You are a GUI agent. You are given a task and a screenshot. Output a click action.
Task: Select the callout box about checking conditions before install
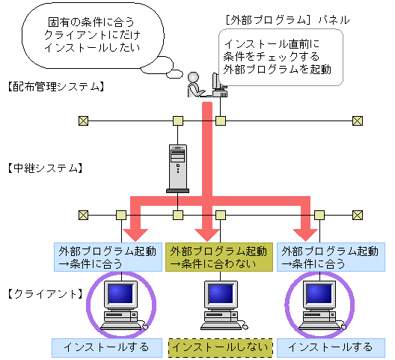pyautogui.click(x=281, y=57)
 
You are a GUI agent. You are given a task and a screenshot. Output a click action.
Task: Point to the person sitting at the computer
pyautogui.click(x=195, y=85)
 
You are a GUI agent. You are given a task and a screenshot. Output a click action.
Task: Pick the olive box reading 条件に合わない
pyautogui.click(x=218, y=257)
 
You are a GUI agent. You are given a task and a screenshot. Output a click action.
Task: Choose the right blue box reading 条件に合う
pyautogui.click(x=331, y=257)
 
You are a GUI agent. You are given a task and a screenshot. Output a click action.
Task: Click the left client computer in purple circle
pyautogui.click(x=120, y=303)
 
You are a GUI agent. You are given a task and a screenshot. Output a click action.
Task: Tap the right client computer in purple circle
pyautogui.click(x=319, y=303)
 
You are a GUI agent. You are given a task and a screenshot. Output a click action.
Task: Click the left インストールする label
pyautogui.click(x=102, y=347)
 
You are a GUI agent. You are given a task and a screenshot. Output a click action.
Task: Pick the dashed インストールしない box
pyautogui.click(x=221, y=348)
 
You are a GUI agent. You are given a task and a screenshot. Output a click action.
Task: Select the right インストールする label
pyautogui.click(x=330, y=347)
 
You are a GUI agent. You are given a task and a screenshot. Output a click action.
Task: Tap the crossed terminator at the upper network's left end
pyautogui.click(x=83, y=120)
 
